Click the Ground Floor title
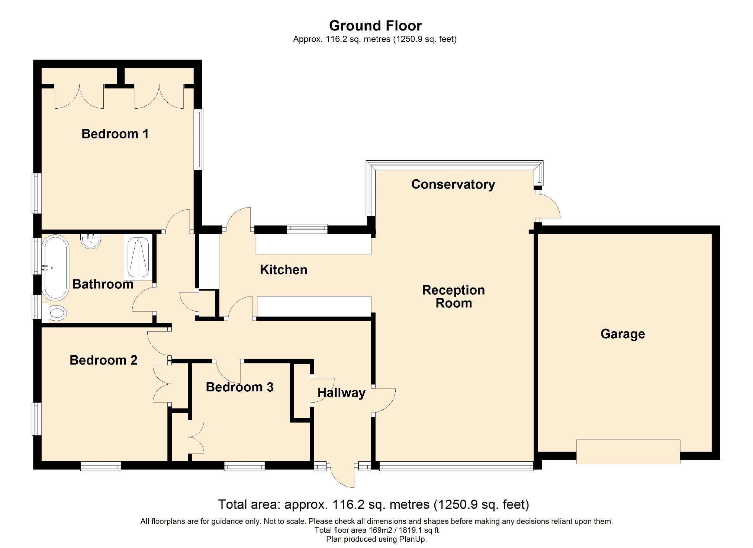375,26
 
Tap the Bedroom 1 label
115,134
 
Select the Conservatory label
453,185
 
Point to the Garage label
622,334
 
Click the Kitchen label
283,270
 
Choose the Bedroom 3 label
239,387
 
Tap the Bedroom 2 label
103,360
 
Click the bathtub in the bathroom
55,267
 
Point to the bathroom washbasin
90,241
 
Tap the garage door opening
628,452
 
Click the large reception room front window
456,466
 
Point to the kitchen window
307,229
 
